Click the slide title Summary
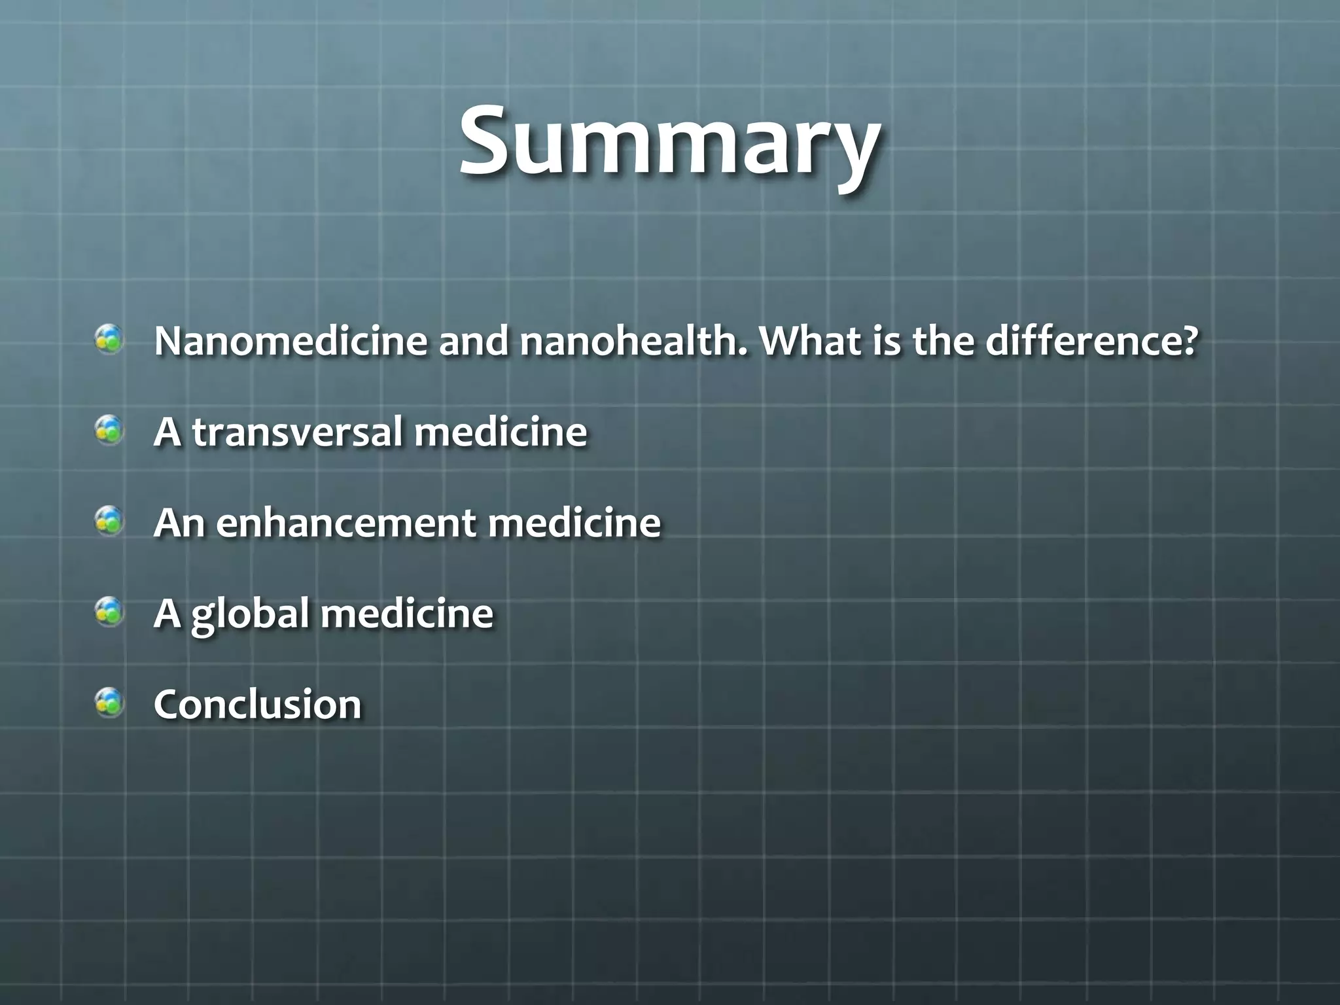(x=669, y=144)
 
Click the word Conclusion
(x=257, y=705)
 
